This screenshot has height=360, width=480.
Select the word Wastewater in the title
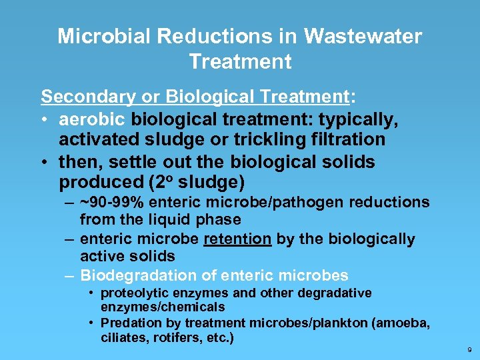363,36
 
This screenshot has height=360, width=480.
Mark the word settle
126,162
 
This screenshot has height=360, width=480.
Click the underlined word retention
238,239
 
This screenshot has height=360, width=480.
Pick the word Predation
127,323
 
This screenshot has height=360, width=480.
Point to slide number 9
470,349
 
